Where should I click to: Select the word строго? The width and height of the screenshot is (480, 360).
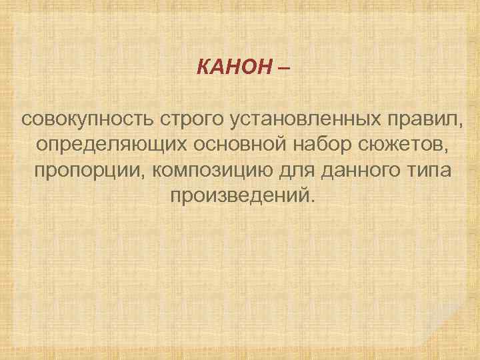tap(191, 121)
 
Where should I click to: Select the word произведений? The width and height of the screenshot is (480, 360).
tap(238, 195)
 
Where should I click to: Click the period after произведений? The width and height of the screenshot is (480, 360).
tap(309, 200)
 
